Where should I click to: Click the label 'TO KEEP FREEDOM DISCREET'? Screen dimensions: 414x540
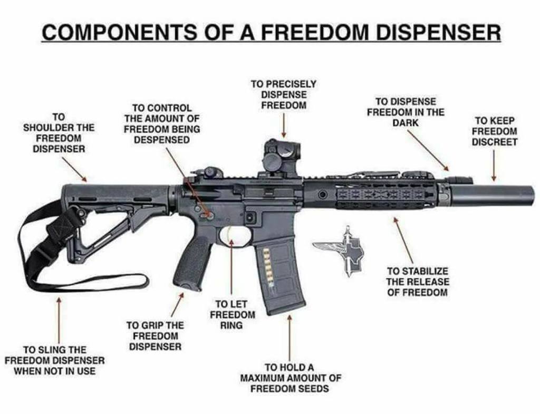[494, 131]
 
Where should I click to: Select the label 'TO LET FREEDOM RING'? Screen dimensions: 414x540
[232, 314]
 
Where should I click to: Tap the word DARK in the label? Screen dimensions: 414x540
[405, 123]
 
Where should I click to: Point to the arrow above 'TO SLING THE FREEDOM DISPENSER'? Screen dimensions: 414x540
[59, 316]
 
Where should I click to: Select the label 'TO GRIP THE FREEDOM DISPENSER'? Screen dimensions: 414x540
[155, 336]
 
